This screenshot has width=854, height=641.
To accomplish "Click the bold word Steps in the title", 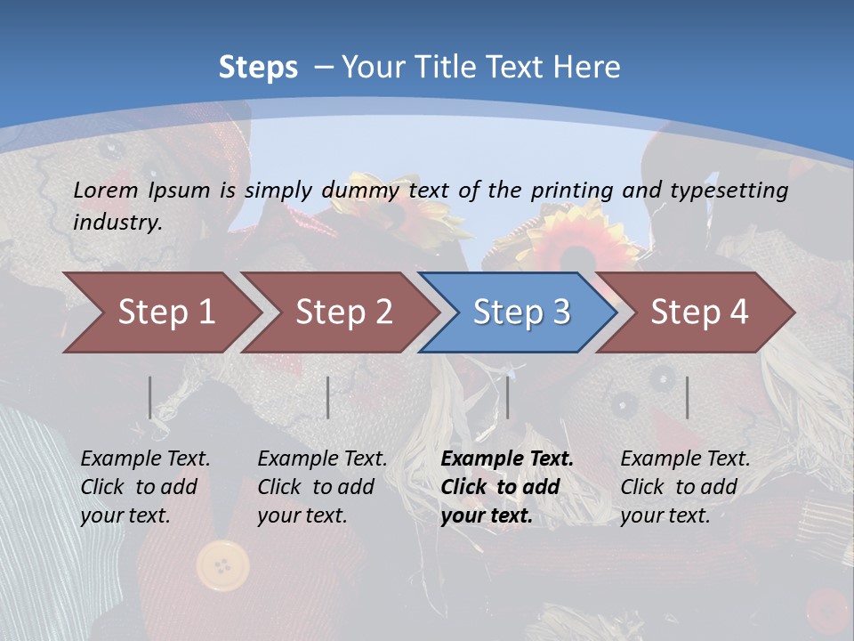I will tap(258, 68).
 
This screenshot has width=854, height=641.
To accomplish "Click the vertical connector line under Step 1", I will tap(150, 397).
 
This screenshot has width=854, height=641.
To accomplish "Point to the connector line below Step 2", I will tap(328, 397).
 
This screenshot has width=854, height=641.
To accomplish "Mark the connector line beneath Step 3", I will tap(508, 397).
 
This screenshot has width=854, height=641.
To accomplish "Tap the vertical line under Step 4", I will tap(688, 397).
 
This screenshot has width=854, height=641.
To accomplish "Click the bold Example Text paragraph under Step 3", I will tap(507, 487).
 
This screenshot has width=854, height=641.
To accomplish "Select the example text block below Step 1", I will tap(145, 487).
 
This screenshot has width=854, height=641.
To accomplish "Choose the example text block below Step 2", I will tap(322, 487).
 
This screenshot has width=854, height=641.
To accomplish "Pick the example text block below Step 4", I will tap(685, 487).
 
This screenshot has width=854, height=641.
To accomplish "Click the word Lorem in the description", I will tap(106, 190).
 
